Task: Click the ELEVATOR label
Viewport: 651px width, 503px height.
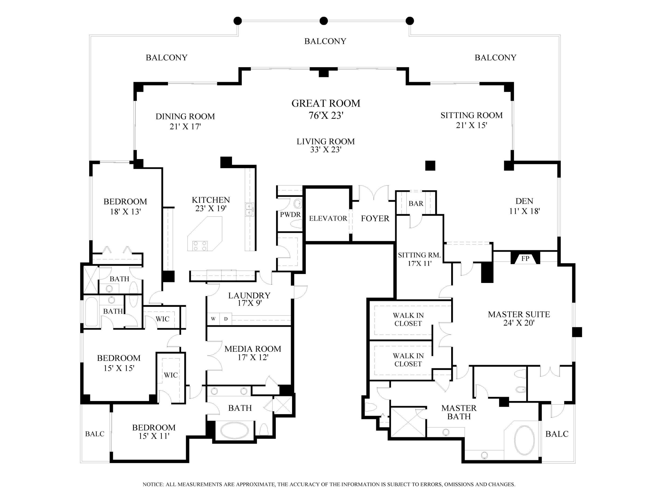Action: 328,218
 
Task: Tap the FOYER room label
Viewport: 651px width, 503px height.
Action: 375,218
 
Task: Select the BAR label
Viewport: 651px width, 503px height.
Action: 416,204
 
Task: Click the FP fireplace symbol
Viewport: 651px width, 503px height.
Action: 525,258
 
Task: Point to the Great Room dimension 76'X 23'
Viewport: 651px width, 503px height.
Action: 326,116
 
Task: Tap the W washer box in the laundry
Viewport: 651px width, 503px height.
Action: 213,319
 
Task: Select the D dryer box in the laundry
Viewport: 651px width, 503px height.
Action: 226,319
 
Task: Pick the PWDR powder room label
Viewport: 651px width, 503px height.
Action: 290,214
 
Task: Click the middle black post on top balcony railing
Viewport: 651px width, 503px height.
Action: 324,21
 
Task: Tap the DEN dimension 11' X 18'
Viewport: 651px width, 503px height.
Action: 524,211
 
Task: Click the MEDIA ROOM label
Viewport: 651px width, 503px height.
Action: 253,349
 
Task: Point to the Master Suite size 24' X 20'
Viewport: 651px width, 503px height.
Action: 519,323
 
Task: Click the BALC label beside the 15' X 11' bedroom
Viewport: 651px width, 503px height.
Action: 95,434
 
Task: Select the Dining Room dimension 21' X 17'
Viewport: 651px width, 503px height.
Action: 185,127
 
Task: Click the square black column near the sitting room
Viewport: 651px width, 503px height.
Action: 430,165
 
